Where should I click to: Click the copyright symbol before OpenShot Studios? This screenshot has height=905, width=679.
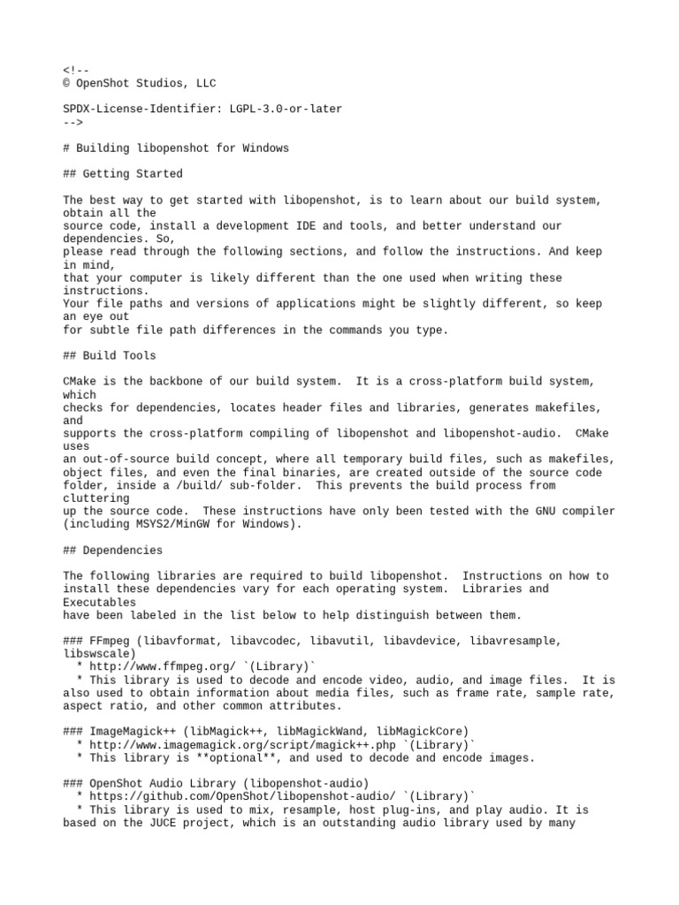(x=66, y=83)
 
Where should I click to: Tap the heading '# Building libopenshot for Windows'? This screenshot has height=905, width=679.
(x=176, y=148)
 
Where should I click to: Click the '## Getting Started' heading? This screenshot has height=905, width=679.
(x=123, y=174)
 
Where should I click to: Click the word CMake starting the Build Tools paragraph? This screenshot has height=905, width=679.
(x=80, y=382)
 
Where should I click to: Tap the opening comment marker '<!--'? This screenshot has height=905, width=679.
(x=76, y=70)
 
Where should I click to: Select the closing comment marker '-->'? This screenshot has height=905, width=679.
(x=72, y=122)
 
